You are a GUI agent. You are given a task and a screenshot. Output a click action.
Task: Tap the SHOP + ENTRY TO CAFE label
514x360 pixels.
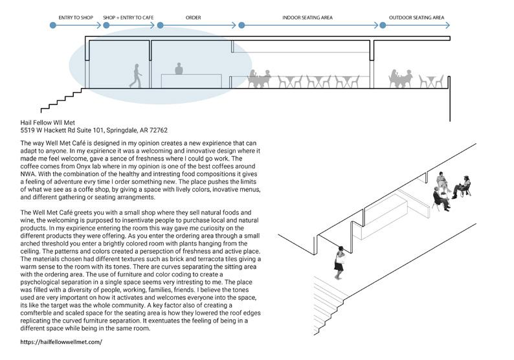[128, 17]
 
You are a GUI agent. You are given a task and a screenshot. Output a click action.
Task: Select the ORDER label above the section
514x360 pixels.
[194, 17]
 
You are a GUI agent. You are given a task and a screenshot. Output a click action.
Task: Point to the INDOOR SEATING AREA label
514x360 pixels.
[308, 17]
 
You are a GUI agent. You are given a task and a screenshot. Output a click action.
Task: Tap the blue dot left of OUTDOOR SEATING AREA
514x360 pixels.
[383, 26]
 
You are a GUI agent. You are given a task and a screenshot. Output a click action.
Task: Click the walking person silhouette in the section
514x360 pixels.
[135, 76]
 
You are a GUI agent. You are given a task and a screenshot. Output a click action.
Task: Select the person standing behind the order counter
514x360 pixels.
[179, 69]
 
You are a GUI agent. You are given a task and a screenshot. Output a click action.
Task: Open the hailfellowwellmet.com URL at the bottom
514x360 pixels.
[61, 341]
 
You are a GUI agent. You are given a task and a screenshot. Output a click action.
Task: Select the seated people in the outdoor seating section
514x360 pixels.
[401, 78]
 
